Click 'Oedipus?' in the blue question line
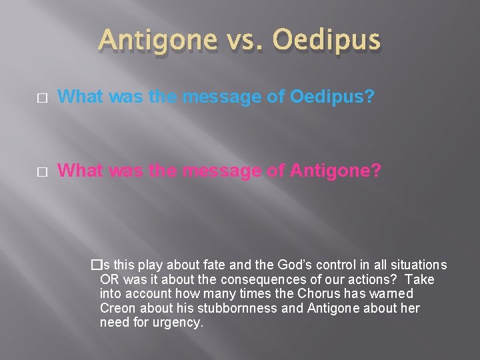[x=332, y=97]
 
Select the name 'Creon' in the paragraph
[x=117, y=308]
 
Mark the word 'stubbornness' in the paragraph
[x=219, y=308]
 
